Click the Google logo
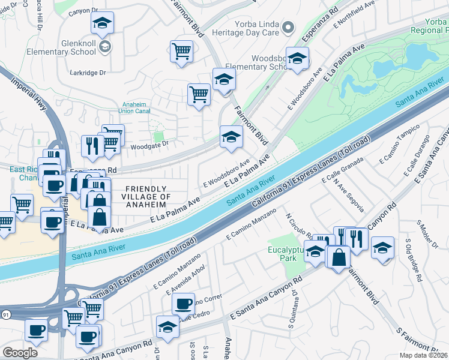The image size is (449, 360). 20,352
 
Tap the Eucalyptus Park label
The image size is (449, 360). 283,252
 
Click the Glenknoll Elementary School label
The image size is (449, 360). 61,47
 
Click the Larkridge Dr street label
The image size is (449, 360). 87,73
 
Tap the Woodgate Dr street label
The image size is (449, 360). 148,144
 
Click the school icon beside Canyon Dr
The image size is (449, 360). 103,23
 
